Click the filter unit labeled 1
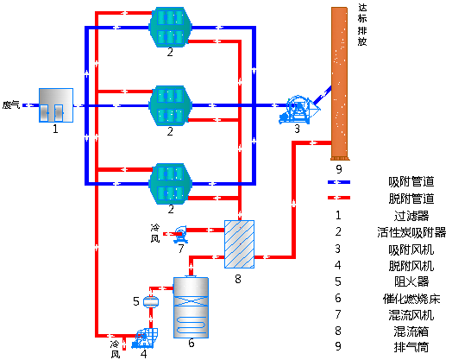point(56,105)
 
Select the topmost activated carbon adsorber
point(171,27)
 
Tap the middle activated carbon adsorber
point(171,105)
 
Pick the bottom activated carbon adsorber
point(171,184)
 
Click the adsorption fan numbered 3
point(298,110)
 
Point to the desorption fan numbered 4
point(145,338)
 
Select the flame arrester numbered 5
point(151,302)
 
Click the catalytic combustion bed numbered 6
point(191,307)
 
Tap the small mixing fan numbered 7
point(180,234)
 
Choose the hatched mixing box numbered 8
point(239,244)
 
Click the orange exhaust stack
point(339,84)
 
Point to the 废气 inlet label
point(11,105)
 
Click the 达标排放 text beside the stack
point(362,24)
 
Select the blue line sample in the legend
point(339,182)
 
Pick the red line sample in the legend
point(339,198)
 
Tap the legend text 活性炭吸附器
point(411,232)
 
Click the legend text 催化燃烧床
point(411,299)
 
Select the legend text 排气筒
point(411,347)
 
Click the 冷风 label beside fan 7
point(155,233)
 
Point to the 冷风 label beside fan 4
point(115,350)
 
